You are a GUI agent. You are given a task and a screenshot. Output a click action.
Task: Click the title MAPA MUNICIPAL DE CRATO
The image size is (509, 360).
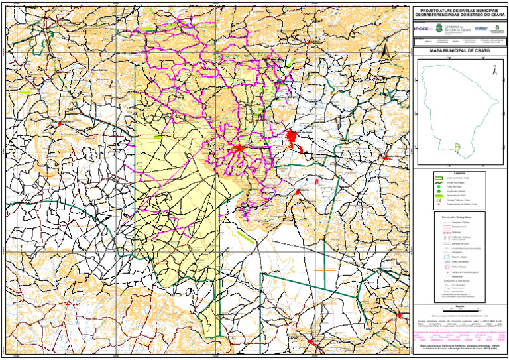tap(459, 50)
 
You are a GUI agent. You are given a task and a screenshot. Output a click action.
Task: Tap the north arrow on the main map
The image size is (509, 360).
tap(392, 56)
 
